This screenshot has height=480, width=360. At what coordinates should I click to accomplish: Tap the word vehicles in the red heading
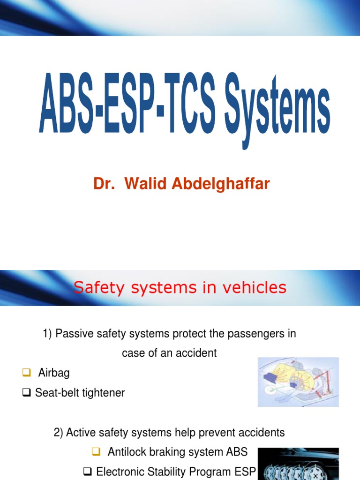pyautogui.click(x=255, y=287)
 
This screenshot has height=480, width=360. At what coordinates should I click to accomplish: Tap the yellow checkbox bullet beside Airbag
pyautogui.click(x=26, y=373)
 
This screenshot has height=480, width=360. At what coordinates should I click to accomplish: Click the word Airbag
pyautogui.click(x=54, y=373)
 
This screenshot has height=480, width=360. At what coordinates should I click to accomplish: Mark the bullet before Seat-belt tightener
pyautogui.click(x=27, y=393)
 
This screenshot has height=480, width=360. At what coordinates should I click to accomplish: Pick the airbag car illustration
pyautogui.click(x=298, y=382)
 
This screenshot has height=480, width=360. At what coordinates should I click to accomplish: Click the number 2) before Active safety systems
pyautogui.click(x=59, y=433)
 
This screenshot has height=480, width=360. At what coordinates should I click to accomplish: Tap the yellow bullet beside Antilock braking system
pyautogui.click(x=96, y=451)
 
